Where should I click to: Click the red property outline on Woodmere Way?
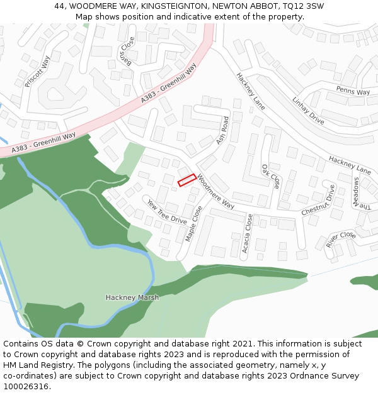(x=186, y=180)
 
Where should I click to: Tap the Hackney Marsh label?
(x=132, y=297)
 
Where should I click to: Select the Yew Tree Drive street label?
(x=167, y=212)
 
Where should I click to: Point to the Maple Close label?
(x=194, y=223)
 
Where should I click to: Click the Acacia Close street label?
(x=248, y=233)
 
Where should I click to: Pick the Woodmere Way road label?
(x=215, y=192)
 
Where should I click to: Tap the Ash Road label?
(x=222, y=130)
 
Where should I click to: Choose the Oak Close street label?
(x=271, y=176)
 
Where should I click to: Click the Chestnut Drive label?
(x=318, y=200)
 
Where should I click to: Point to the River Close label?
(x=341, y=240)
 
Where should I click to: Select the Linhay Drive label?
(x=308, y=110)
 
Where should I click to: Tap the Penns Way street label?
(x=353, y=92)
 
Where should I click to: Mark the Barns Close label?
(x=128, y=51)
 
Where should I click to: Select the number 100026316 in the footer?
(x=24, y=387)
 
